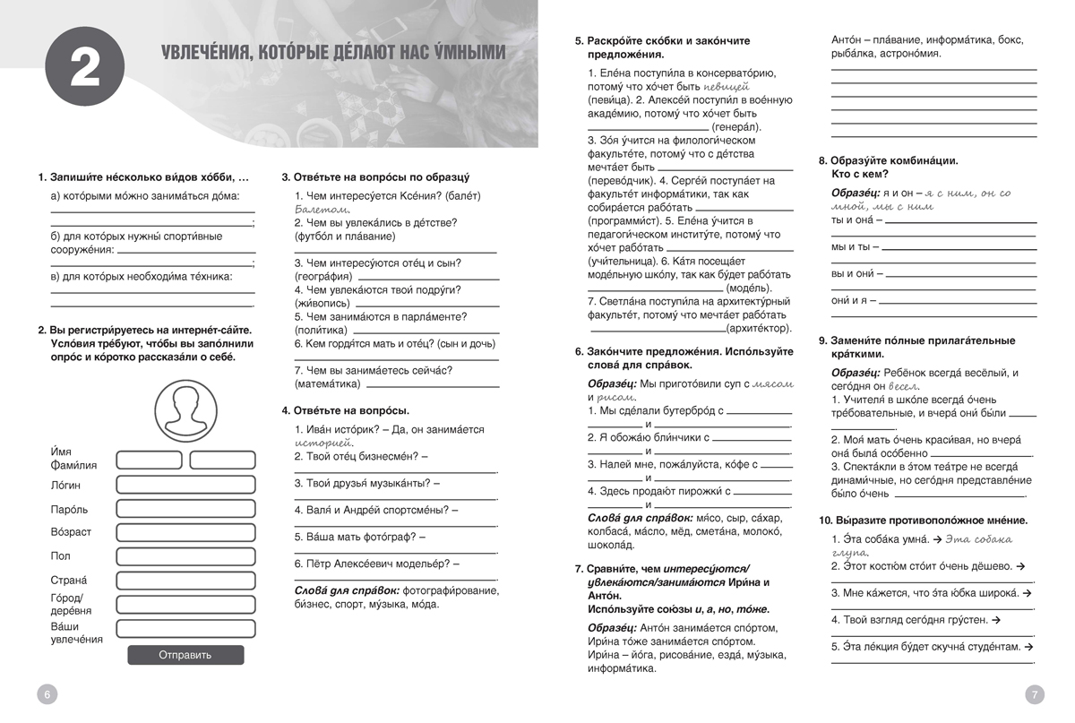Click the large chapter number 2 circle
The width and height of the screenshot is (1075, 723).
[x=84, y=71]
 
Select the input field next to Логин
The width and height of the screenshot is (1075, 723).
[x=185, y=485]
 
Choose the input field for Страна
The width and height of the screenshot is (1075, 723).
[x=185, y=580]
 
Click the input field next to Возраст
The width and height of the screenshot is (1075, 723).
[x=185, y=532]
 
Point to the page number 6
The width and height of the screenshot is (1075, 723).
[x=47, y=693]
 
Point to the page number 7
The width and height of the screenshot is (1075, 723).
[x=1034, y=693]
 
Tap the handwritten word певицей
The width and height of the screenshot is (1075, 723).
[x=726, y=87]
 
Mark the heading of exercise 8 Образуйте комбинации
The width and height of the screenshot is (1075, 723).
[x=889, y=160]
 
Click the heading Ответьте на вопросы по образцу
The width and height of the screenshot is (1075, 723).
[x=375, y=176]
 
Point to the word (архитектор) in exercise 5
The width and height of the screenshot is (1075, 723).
[x=761, y=329]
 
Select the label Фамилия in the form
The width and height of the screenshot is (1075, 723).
[x=73, y=465]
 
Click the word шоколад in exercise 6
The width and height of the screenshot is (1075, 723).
[x=611, y=545]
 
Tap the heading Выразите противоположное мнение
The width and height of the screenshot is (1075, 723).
[x=923, y=521]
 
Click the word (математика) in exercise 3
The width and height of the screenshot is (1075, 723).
[x=327, y=383]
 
